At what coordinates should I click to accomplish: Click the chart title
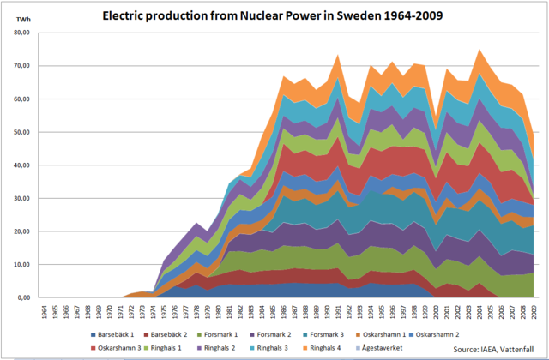click(x=274, y=15)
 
